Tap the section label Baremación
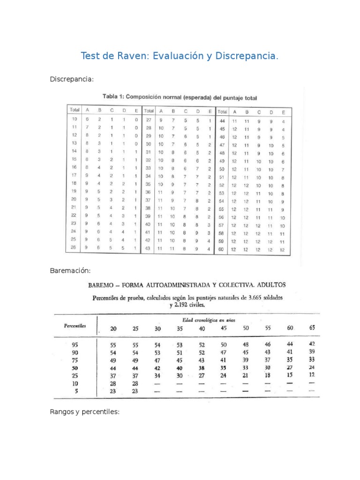tap(70, 270)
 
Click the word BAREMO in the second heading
tap(104, 285)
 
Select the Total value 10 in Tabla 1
tap(74, 119)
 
